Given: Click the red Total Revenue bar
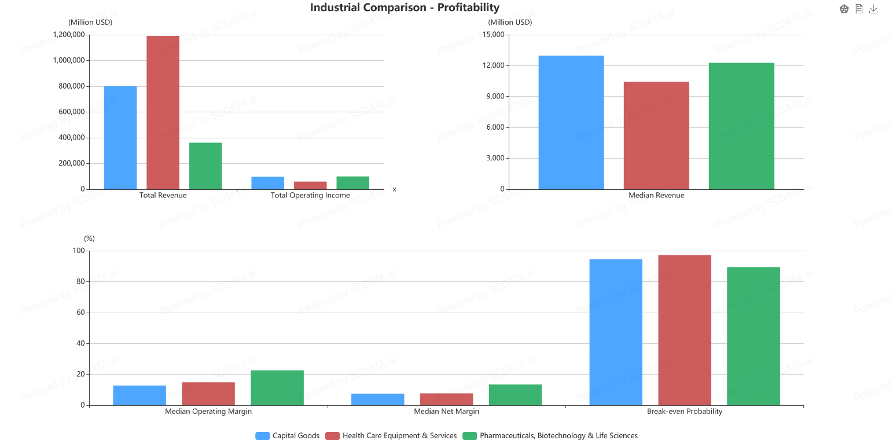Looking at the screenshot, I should pos(163,112).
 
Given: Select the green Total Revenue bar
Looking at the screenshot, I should pos(205,166).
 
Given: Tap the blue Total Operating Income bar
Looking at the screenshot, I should pos(267,183).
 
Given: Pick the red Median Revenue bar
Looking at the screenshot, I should pos(656,135).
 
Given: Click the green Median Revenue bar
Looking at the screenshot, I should pos(741,126).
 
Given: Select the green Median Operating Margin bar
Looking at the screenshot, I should pos(277,387).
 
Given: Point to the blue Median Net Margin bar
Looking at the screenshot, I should pos(377,399).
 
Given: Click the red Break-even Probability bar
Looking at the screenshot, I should pos(684,330).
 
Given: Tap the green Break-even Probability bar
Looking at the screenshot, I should pos(754,336).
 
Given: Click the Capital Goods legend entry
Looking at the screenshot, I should pos(288,435).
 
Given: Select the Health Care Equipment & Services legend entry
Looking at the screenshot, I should pos(391,435).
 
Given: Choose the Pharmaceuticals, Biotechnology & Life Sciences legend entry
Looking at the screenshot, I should pos(550,435).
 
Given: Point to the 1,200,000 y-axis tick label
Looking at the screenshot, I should pos(69,35).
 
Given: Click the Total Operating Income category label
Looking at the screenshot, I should pos(310,195).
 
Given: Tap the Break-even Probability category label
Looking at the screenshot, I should pos(684,411).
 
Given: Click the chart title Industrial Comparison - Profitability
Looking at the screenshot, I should pos(405,8).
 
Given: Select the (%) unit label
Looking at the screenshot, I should pos(89,238).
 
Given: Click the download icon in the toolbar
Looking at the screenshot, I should pos(873,9).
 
